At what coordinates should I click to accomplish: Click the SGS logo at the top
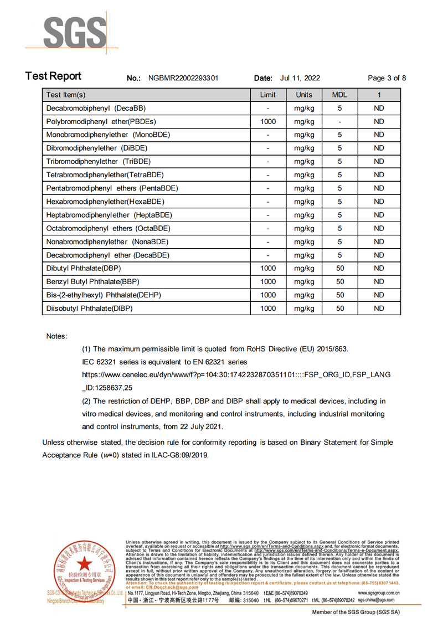pos(74,33)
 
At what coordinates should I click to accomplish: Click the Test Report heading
pos(53,76)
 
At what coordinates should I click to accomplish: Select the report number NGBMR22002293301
pos(183,78)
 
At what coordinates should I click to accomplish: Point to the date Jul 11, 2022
pos(300,78)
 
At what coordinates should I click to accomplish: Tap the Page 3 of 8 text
pos(387,78)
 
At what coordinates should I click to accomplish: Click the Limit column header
pos(268,95)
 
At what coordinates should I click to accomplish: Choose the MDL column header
pos(339,95)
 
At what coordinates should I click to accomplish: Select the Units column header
pos(304,95)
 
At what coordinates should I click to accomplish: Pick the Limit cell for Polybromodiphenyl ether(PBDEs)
pos(268,121)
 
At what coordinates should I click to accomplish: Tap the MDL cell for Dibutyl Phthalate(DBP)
pos(340,268)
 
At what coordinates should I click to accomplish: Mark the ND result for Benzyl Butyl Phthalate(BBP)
pos(379,281)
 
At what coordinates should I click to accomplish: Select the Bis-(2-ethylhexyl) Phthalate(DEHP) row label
pos(104,295)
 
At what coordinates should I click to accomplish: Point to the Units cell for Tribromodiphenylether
pos(304,161)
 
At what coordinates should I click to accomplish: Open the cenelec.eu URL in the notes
pos(236,375)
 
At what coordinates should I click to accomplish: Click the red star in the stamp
pos(85,563)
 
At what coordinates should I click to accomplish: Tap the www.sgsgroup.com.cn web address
pos(375,593)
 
